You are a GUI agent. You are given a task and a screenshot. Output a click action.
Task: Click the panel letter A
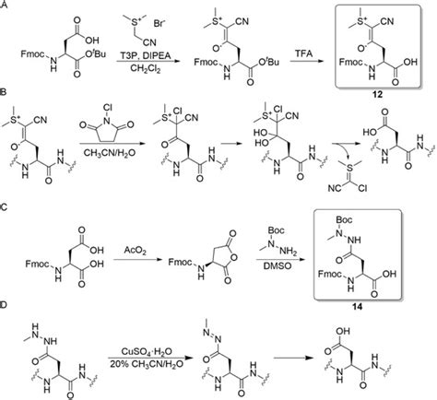(x=6, y=6)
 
